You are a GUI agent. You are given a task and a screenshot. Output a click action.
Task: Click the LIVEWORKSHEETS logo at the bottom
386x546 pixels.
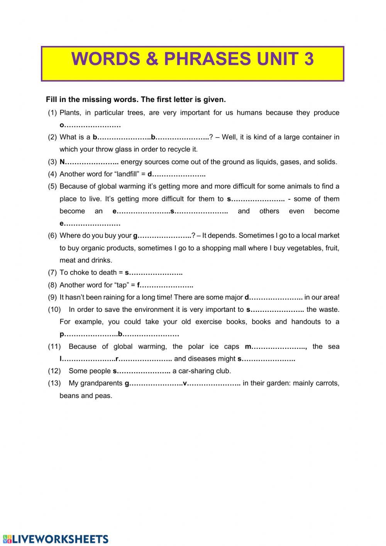(x=56, y=539)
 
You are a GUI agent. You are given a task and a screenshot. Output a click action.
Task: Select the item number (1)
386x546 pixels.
(x=52, y=113)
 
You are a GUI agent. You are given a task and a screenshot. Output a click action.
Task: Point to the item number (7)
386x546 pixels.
(x=52, y=272)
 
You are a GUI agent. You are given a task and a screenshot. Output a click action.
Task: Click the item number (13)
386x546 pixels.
(x=54, y=383)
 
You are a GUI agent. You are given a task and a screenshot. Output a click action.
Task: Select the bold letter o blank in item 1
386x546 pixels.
(x=90, y=125)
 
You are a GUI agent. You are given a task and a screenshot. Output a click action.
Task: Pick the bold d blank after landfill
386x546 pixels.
(x=176, y=174)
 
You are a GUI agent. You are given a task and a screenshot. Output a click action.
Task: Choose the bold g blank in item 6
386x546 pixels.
(x=162, y=235)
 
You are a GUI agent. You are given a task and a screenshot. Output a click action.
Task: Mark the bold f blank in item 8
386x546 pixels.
(x=165, y=285)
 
